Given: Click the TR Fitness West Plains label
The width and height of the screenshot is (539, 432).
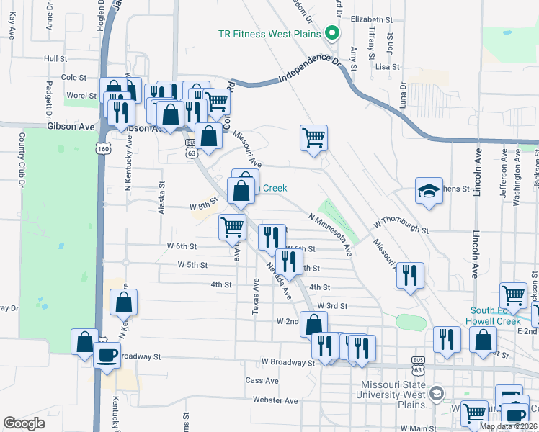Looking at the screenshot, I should point(270,34).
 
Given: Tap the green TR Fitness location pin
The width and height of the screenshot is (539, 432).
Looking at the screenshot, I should point(331,33).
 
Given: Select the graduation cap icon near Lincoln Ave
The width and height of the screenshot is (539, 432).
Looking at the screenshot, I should point(429,192).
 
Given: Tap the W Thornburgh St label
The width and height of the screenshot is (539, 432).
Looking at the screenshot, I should point(401,226).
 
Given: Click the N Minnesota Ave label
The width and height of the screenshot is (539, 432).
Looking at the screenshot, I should point(330,235).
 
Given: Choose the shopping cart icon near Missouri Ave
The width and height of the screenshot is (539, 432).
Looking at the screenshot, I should point(313,137).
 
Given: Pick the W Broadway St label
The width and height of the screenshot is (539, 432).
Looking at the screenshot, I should point(288,362).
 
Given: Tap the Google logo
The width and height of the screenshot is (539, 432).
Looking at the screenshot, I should point(24,423).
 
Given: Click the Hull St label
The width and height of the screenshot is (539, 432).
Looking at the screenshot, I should point(55,58).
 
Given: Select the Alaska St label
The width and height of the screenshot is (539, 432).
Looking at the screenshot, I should point(162,198).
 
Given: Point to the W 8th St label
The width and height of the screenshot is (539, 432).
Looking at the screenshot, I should point(203,206).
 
